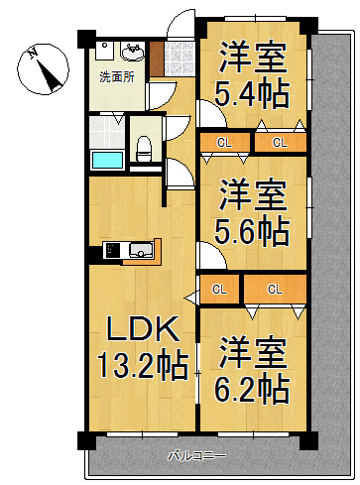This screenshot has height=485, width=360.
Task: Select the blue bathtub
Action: point(105,159)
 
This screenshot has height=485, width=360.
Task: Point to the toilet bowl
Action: point(145,149)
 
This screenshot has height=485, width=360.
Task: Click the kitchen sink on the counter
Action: point(139,249)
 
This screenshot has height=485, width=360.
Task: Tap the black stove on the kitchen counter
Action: point(111,249)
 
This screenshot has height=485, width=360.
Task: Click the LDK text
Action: point(137,328)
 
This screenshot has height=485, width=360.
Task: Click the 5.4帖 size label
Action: point(253,95)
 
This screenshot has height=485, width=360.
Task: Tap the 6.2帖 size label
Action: point(253,387)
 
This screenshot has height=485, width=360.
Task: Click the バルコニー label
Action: point(195,455)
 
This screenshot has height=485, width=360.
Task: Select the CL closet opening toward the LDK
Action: point(218,290)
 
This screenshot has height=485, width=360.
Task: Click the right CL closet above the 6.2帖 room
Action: point(275,290)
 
